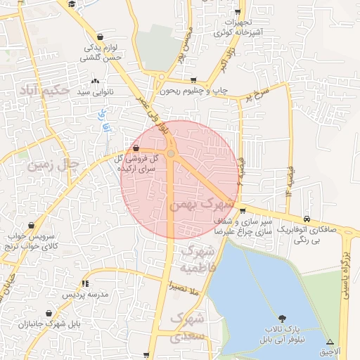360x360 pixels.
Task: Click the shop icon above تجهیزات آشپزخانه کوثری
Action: tap(238, 13)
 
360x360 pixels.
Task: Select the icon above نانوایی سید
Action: tap(95, 82)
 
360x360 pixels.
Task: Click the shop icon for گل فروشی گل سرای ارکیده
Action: tap(135, 148)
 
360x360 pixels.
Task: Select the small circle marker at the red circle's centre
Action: tap(171, 153)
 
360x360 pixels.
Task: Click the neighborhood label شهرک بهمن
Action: tap(200, 204)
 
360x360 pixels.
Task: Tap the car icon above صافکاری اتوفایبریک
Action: tap(307, 219)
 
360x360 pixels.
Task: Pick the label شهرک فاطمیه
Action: tap(196, 259)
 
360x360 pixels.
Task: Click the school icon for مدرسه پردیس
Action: tap(85, 283)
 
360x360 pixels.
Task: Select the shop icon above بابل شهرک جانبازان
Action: tap(49, 314)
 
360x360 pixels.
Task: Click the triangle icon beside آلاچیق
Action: tap(330, 340)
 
